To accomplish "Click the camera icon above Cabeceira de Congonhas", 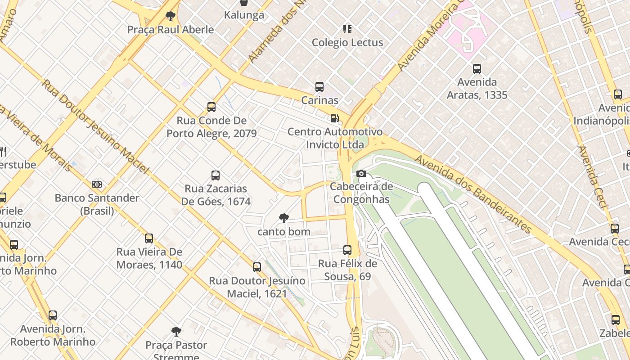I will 361,174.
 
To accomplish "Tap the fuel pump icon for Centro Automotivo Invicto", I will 334,118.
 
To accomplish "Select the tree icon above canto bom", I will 284,219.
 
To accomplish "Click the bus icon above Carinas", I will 319,87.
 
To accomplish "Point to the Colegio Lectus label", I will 347,43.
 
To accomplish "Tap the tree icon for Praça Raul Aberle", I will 170,17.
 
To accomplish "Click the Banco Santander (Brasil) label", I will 97,204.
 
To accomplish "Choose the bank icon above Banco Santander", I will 97,184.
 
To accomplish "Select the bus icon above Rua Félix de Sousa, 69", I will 347,250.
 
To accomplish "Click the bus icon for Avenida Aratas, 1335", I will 477,69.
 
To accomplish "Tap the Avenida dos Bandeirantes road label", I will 472,194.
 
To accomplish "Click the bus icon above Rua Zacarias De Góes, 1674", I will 216,175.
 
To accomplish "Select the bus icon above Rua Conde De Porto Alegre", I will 211,107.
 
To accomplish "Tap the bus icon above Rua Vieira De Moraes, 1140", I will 149,238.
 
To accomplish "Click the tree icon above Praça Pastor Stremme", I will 176,332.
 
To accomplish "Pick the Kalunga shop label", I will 244,15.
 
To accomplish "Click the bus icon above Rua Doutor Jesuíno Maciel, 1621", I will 257,267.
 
